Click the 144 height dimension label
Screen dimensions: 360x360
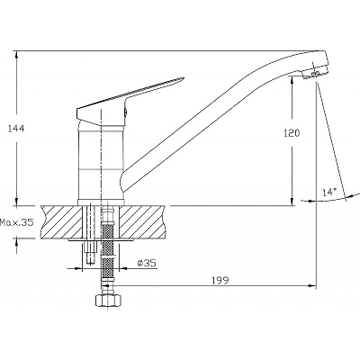(16, 129)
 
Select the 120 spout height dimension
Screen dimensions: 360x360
(292, 133)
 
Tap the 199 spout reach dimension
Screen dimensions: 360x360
(220, 281)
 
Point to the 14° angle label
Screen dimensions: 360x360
(329, 192)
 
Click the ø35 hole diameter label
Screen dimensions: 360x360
(147, 263)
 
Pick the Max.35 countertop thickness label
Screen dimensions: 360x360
(16, 222)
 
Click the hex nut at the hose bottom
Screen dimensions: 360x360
(108, 300)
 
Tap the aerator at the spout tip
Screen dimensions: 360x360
(315, 74)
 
